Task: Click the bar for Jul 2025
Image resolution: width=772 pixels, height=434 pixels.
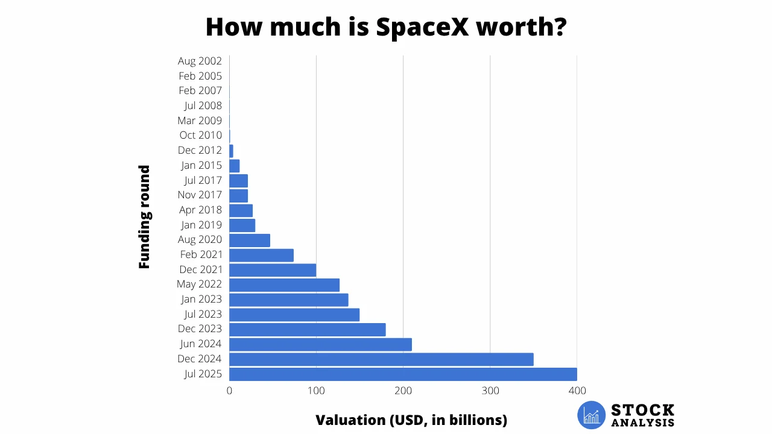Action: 403,374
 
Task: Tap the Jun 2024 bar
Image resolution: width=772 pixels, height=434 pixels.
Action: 320,344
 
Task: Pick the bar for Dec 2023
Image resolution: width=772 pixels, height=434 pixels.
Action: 307,329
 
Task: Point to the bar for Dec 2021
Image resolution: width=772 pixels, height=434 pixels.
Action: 273,269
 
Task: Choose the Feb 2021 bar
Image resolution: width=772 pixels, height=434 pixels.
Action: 261,255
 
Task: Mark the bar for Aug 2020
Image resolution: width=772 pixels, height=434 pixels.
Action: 250,240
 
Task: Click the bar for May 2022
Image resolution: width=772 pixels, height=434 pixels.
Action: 284,285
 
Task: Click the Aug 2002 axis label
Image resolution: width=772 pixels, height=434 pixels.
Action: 200,61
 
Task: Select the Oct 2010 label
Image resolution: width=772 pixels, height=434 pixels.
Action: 200,136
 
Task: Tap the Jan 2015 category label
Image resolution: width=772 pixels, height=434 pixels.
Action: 201,165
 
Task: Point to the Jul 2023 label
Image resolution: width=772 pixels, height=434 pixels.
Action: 203,314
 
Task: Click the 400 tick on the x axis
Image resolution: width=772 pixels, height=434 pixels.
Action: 577,391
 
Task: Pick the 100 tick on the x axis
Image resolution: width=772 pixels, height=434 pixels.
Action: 316,391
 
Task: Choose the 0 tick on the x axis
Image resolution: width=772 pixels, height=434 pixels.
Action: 229,391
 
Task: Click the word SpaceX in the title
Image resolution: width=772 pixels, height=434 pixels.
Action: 422,27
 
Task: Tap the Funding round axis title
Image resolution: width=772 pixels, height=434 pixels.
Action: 144,217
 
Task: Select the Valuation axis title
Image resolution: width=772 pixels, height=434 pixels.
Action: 411,420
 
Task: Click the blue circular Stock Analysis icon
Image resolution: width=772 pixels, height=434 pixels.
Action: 591,415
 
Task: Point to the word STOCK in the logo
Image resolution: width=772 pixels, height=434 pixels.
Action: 643,410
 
